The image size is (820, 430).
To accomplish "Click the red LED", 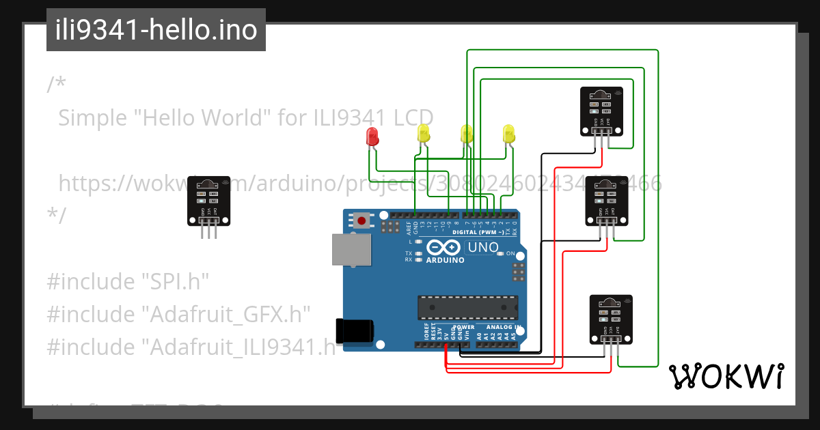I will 372,137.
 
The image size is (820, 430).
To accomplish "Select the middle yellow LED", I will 467,134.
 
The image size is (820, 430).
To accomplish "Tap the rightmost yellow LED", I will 508,134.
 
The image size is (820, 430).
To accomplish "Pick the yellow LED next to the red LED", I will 424,134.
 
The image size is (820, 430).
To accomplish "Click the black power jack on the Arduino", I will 354,330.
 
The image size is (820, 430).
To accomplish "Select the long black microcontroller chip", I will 465,308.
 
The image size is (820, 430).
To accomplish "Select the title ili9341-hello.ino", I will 156,31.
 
